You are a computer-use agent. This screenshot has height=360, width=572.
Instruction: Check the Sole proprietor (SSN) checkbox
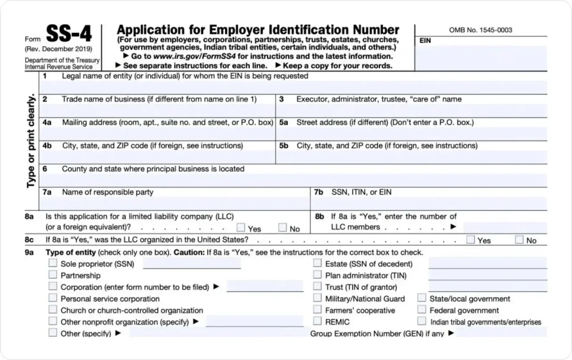coord(53,263)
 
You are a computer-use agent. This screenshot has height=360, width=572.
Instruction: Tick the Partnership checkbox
coord(53,275)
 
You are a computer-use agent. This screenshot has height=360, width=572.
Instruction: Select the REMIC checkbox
coord(317,321)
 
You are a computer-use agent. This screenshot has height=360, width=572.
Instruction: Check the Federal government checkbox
coord(422,309)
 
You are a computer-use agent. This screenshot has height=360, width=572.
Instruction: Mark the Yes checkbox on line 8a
coord(241,228)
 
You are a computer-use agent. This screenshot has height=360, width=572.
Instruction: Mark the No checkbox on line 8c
coord(519,240)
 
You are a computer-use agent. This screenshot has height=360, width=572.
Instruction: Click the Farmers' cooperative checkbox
coord(317,309)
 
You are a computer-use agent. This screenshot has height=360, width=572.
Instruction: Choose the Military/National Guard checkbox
coord(317,298)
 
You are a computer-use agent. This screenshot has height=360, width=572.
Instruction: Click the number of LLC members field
coord(505,228)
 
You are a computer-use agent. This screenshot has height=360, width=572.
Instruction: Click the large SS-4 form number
coord(69,34)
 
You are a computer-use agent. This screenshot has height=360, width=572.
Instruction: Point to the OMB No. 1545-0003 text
coord(480,30)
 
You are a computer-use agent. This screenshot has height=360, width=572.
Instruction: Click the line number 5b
coord(284,146)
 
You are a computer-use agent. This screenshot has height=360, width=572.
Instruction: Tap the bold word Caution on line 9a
coord(189,252)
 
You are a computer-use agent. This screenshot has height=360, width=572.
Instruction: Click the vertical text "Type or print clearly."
coord(31,141)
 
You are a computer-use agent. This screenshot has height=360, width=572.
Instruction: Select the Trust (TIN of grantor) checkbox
coord(317,286)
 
